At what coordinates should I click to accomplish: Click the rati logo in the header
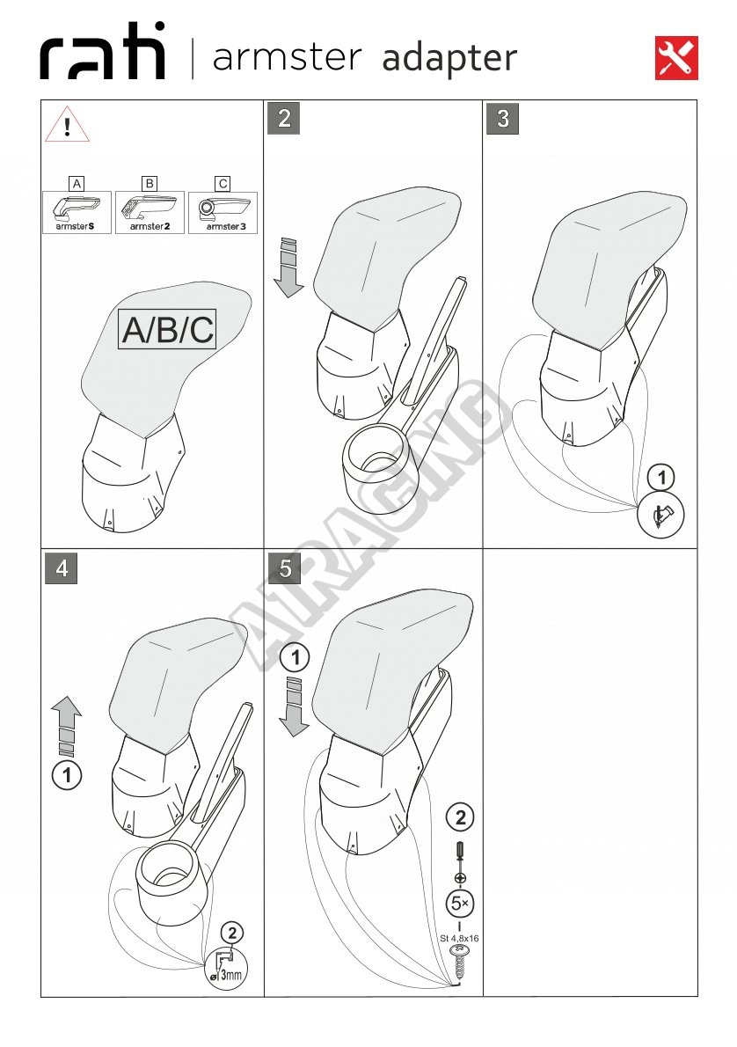coord(102,51)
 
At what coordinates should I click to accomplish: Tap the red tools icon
coord(676,58)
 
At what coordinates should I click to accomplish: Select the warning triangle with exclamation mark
coord(68,125)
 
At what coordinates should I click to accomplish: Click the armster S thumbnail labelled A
coord(77,212)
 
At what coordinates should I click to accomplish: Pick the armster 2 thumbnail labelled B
coord(150,212)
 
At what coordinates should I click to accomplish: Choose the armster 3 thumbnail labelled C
coord(223,212)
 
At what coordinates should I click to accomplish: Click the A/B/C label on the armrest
coord(168,328)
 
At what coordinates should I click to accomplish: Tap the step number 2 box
coord(284,118)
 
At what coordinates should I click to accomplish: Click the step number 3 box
coord(503,118)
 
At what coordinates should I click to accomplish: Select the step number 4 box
coord(62,567)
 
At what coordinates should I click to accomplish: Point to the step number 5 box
coord(284,567)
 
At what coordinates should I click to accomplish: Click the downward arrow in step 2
coord(288,267)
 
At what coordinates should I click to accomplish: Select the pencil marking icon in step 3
coord(660,514)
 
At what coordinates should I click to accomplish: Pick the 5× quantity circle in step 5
coord(460,904)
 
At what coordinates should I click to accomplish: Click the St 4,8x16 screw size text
coord(459,938)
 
